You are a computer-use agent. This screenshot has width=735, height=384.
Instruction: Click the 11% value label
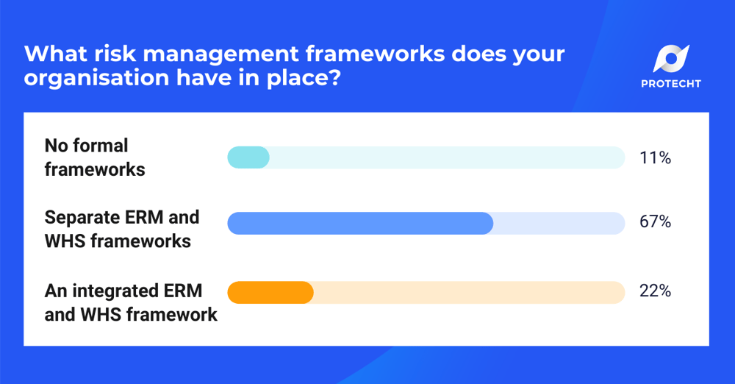[x=655, y=157]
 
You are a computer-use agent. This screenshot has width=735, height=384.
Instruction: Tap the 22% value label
[x=655, y=291]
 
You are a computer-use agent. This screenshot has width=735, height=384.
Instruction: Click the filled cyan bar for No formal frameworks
[x=248, y=157]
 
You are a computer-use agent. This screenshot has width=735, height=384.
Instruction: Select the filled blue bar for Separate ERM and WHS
[x=360, y=223]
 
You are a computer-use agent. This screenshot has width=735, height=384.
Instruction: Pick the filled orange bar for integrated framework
[x=270, y=292]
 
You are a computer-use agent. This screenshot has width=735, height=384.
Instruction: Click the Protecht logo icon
[x=670, y=60]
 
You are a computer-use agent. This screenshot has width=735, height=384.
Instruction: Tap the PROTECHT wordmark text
[x=670, y=84]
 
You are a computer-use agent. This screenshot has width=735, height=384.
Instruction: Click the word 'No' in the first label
[x=57, y=146]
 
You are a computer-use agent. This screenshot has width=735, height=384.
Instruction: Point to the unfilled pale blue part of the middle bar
[x=559, y=223]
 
